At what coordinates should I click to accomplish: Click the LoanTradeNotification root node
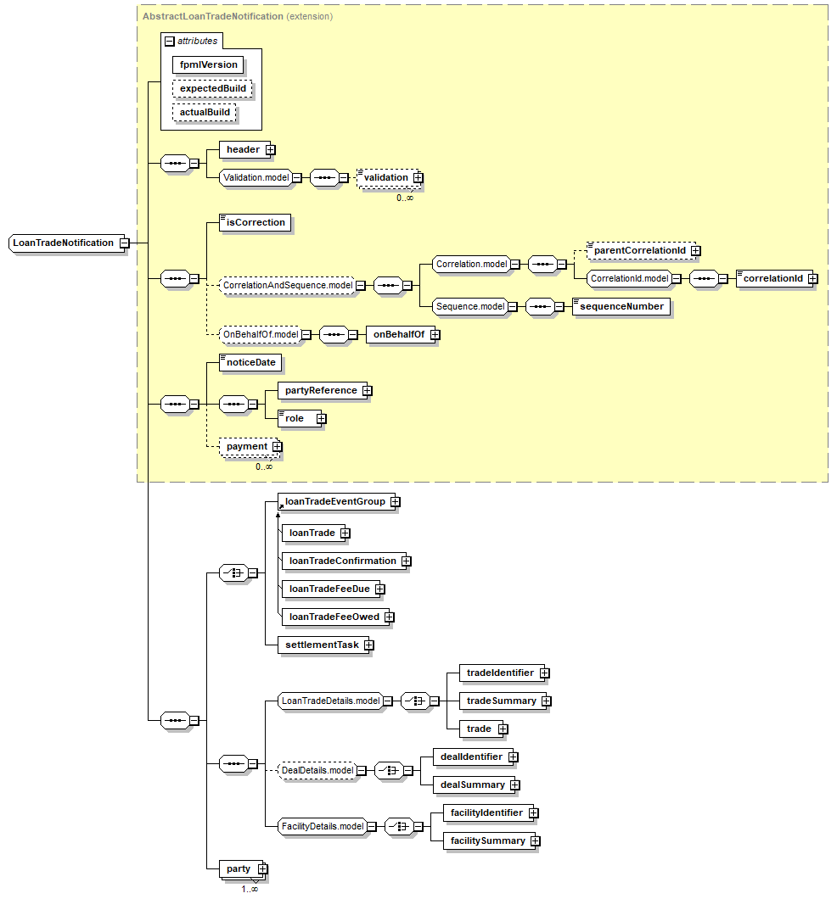(x=63, y=243)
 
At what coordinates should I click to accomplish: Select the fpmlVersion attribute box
(x=208, y=64)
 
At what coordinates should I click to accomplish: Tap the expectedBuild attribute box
(x=212, y=88)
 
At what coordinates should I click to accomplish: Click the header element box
(x=243, y=149)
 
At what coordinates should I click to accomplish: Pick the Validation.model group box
(x=255, y=177)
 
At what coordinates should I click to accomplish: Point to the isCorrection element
(x=255, y=222)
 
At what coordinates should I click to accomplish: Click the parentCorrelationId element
(x=638, y=250)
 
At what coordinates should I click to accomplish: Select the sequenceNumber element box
(x=621, y=306)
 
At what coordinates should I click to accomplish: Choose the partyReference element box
(x=320, y=390)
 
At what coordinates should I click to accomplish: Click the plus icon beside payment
(x=277, y=446)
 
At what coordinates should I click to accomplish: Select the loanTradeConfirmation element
(x=342, y=561)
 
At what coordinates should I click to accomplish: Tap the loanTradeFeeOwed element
(x=334, y=617)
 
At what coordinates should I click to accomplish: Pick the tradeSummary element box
(x=501, y=701)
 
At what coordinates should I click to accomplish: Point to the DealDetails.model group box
(x=317, y=770)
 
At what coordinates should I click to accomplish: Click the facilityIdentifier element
(x=486, y=812)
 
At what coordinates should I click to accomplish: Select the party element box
(x=239, y=868)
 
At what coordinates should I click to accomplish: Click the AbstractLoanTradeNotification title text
(x=212, y=16)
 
